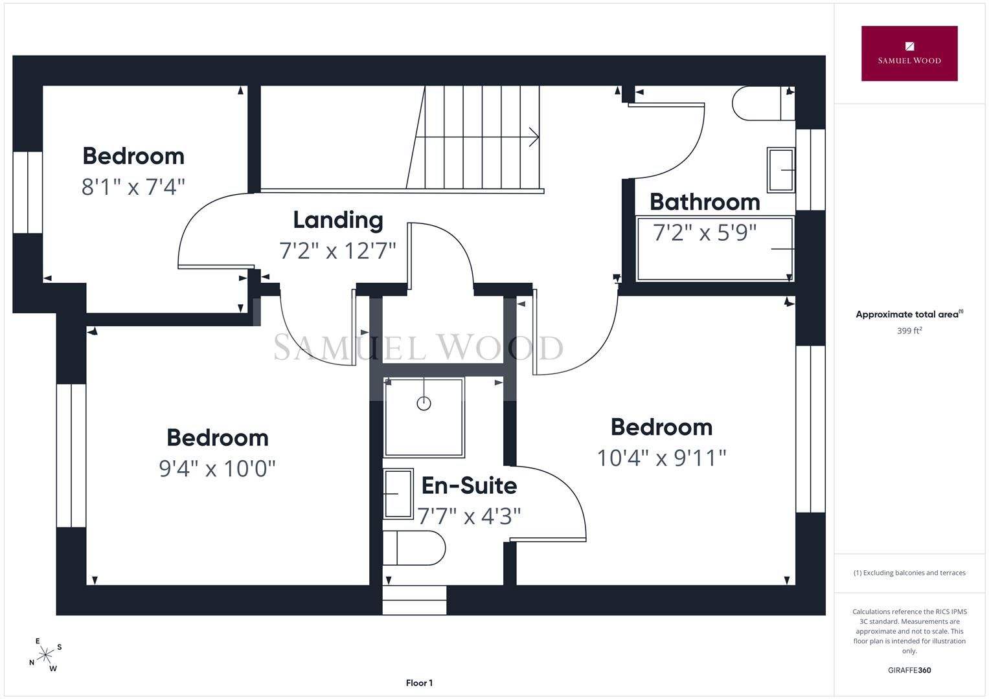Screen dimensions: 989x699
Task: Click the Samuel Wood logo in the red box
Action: click(909, 53)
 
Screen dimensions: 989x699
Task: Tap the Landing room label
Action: click(338, 220)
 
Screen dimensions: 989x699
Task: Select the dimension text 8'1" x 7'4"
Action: click(133, 186)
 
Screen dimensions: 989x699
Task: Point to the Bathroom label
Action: click(705, 202)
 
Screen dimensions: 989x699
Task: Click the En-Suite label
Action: click(469, 485)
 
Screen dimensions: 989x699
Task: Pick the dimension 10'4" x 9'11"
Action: click(661, 458)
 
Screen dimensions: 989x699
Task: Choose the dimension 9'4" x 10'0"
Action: click(217, 468)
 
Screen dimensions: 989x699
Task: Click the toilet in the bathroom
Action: click(764, 104)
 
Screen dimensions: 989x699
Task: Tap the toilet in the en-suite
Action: click(414, 548)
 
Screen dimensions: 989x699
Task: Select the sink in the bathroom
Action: click(780, 170)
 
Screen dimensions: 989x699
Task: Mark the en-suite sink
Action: click(398, 493)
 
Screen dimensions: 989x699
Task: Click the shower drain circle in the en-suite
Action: click(424, 403)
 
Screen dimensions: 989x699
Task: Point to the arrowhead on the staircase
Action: click(534, 137)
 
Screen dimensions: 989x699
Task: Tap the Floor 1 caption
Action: click(419, 683)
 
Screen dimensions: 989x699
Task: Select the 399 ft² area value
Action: click(909, 331)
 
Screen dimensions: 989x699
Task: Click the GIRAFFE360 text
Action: click(909, 671)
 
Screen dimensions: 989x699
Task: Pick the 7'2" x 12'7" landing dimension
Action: click(337, 250)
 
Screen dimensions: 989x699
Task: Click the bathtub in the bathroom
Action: click(715, 249)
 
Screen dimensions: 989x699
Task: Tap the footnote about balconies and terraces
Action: click(909, 573)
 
